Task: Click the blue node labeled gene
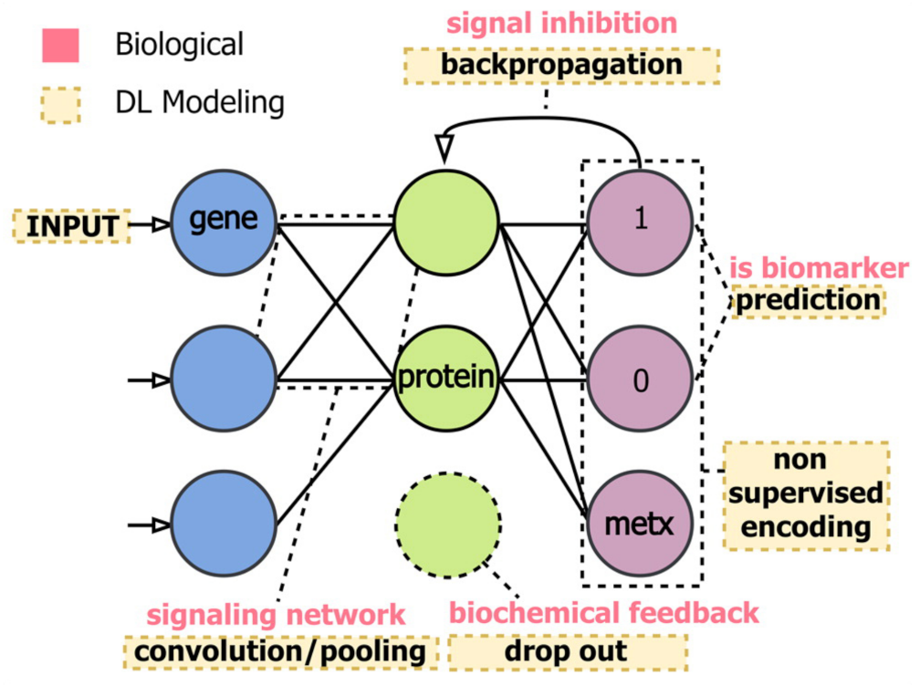(224, 219)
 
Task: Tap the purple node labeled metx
(640, 525)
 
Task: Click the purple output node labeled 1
(640, 221)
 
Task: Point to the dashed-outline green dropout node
(447, 525)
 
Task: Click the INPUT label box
(71, 225)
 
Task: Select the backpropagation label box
(560, 66)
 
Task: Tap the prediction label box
(807, 300)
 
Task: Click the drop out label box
(567, 651)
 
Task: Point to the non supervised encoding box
(806, 495)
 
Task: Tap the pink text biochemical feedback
(604, 612)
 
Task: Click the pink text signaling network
(277, 612)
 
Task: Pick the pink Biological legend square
(61, 44)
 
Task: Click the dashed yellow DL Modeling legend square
(61, 103)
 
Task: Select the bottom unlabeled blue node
(224, 525)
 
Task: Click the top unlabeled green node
(447, 221)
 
